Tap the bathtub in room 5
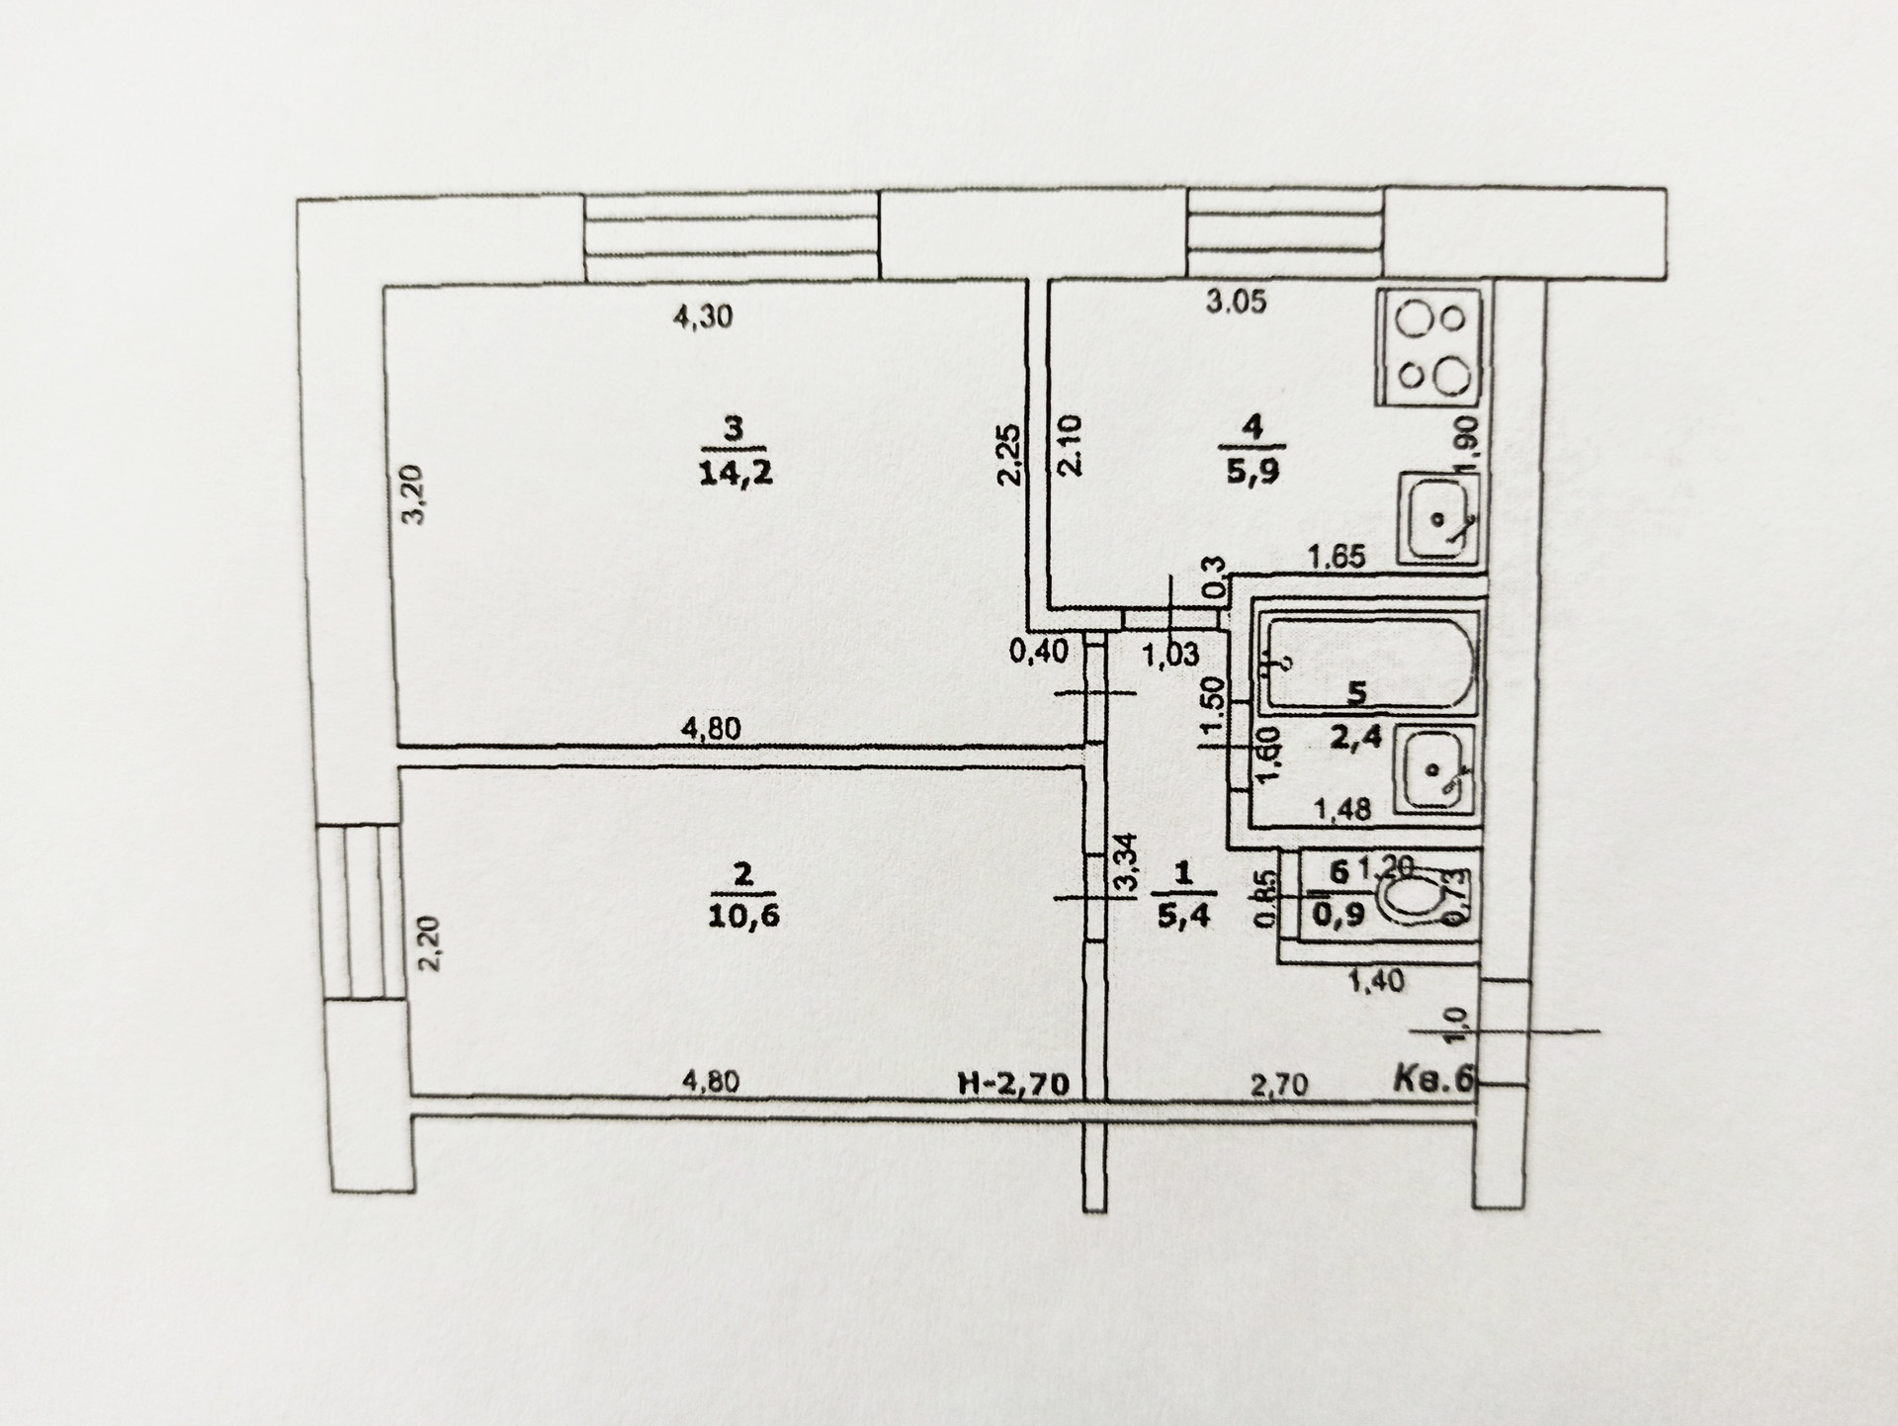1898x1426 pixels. tap(1370, 662)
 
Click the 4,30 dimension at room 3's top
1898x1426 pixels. tap(702, 317)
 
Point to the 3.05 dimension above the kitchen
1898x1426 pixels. tap(1236, 302)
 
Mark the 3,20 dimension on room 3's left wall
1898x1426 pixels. tap(415, 494)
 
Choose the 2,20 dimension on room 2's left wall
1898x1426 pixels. tap(431, 943)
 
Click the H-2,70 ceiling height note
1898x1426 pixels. tap(1014, 1084)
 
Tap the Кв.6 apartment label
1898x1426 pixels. tap(1432, 1079)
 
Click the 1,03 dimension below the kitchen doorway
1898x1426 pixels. tap(1170, 654)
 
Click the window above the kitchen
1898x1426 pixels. tap(1284, 234)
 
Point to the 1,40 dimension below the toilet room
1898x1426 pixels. tap(1376, 981)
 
